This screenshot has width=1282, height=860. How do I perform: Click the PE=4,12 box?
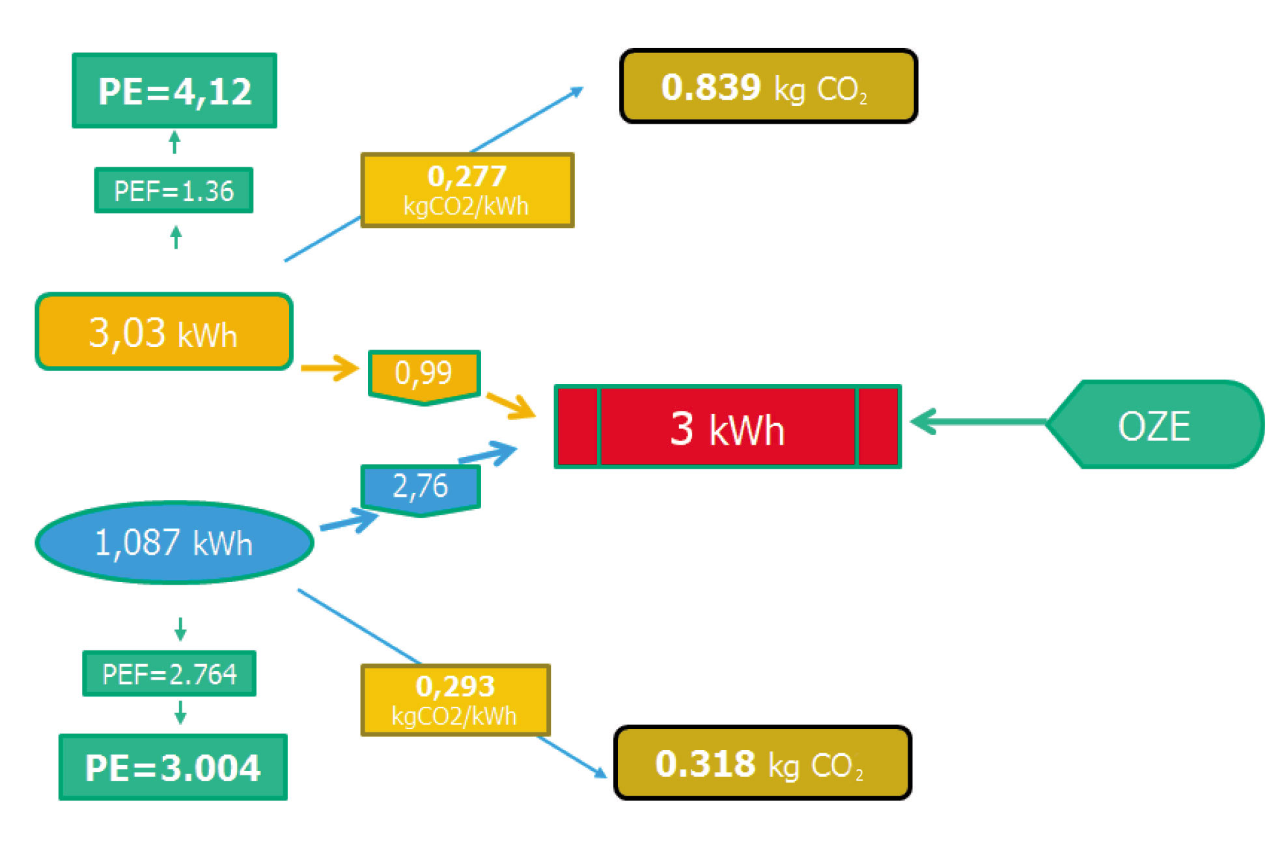174,90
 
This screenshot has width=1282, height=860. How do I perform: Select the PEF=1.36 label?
173,191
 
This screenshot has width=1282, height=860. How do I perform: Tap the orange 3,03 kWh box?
163,332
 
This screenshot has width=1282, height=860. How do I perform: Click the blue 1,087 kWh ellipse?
174,542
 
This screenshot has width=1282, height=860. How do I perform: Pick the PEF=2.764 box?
169,674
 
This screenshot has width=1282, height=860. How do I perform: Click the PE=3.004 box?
173,768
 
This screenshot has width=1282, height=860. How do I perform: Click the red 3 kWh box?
727,427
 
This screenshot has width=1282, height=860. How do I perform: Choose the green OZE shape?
1154,425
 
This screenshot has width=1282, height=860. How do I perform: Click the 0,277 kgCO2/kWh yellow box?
467,190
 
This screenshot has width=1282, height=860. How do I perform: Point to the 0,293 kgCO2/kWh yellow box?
455,700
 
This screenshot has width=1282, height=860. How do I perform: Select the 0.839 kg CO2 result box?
768,87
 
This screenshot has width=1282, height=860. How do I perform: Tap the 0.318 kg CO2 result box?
762,763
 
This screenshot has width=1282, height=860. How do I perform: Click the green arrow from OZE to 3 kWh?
977,422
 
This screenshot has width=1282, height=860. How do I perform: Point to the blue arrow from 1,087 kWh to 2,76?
349,522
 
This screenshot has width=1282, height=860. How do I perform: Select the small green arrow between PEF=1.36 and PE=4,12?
174,142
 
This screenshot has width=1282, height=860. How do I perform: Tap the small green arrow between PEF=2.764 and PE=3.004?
180,713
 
